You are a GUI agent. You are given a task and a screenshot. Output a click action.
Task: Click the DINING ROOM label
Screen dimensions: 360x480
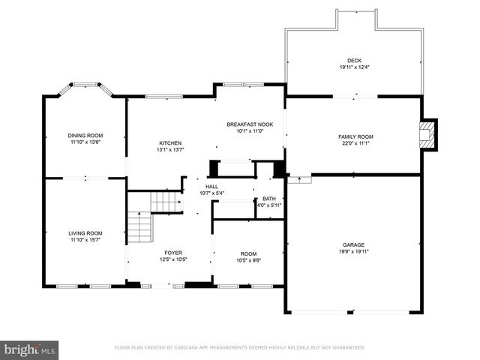pyautogui.click(x=85, y=135)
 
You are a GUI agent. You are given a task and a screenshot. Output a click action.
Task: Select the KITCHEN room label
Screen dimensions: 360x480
pyautogui.click(x=169, y=143)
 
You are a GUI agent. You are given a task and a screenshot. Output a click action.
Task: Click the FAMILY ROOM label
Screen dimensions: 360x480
pyautogui.click(x=355, y=136)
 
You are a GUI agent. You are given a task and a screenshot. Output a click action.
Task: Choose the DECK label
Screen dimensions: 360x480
pyautogui.click(x=354, y=61)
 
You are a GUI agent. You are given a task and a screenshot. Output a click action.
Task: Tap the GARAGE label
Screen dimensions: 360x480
pyautogui.click(x=353, y=245)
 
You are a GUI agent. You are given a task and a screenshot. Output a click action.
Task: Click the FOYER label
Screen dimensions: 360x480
pyautogui.click(x=173, y=253)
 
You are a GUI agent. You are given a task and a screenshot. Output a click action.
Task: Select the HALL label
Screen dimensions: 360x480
pyautogui.click(x=213, y=187)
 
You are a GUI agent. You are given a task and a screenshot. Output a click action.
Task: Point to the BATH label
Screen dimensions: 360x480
pyautogui.click(x=268, y=199)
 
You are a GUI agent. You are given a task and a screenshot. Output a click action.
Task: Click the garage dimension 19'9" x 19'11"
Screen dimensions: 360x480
pyautogui.click(x=353, y=252)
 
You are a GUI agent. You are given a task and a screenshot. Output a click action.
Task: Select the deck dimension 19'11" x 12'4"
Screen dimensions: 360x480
pyautogui.click(x=354, y=67)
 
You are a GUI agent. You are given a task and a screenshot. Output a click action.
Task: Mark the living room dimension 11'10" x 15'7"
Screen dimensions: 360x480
pyautogui.click(x=85, y=240)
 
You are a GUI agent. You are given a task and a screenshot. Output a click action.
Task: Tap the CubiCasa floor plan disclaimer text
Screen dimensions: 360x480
pyautogui.click(x=239, y=348)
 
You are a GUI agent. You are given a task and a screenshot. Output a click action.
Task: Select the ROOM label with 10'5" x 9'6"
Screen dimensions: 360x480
pyautogui.click(x=248, y=253)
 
